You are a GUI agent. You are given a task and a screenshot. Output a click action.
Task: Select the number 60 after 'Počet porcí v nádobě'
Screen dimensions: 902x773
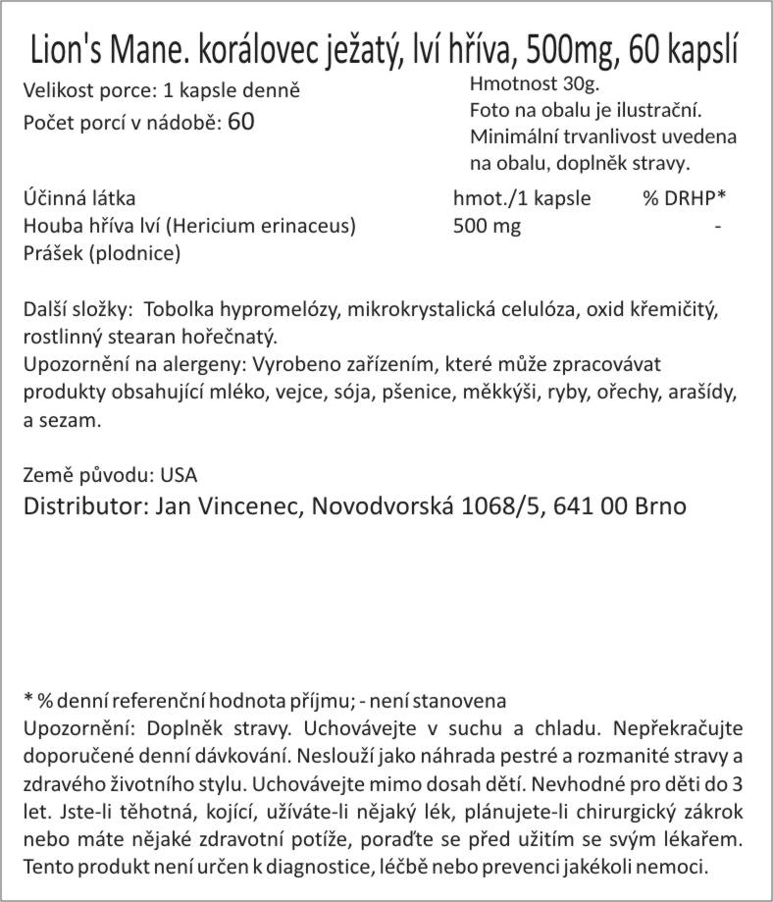click(x=240, y=122)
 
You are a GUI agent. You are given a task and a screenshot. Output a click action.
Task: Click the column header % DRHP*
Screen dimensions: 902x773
click(x=685, y=198)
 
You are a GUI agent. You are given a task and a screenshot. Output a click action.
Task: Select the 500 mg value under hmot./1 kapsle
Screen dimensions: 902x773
click(x=488, y=226)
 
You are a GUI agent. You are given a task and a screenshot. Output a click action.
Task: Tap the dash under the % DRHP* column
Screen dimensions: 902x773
click(x=720, y=226)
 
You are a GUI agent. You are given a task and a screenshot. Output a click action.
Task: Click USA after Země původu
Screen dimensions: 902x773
click(x=178, y=476)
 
